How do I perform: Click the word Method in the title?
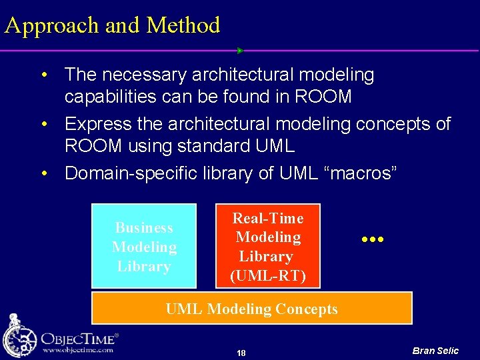tap(183, 25)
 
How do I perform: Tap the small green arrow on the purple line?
tap(240, 51)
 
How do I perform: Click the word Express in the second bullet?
tap(99, 124)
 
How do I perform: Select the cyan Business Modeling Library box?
tap(144, 246)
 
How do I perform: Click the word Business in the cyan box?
tap(144, 228)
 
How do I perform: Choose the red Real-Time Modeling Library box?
tap(267, 246)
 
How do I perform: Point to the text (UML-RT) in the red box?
tap(267, 275)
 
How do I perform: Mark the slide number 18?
tap(241, 353)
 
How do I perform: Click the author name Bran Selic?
tap(435, 351)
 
